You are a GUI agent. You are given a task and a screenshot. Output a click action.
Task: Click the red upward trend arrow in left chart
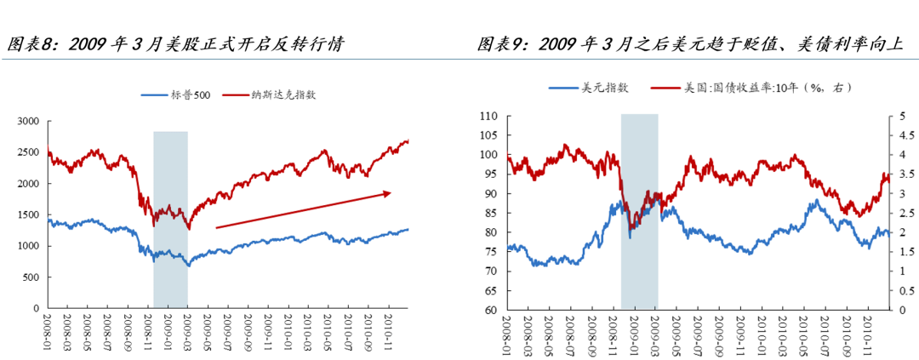pyautogui.click(x=303, y=210)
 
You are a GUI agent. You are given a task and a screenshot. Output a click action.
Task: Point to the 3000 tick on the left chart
pyautogui.click(x=27, y=122)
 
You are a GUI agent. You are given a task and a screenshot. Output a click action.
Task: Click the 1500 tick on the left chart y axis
pyautogui.click(x=27, y=214)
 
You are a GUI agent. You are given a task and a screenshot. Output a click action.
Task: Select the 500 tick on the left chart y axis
pyautogui.click(x=31, y=277)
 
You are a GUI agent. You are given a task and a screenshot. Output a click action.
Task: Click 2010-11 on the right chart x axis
pyautogui.click(x=868, y=331)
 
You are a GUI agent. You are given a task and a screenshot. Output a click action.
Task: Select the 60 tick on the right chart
pyautogui.click(x=491, y=310)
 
